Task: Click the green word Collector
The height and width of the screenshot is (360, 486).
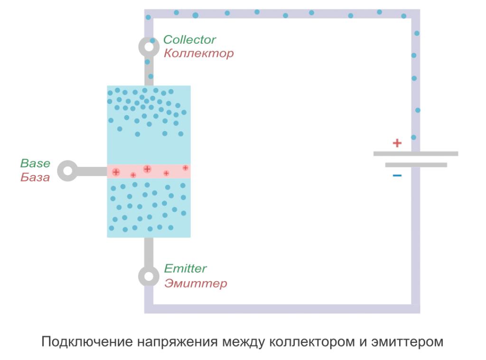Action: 190,40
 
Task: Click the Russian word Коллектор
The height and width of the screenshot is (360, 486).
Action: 198,54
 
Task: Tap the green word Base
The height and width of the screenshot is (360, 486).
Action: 35,164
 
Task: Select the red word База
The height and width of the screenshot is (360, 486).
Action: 35,178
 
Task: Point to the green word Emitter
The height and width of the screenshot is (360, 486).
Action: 186,268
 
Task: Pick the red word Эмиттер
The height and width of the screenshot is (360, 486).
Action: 196,284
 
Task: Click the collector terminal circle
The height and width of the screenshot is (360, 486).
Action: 149,46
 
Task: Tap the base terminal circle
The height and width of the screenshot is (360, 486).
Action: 68,171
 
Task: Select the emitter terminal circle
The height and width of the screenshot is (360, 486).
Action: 149,276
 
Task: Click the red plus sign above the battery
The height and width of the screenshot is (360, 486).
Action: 397,143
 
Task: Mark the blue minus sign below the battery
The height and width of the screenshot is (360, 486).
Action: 397,176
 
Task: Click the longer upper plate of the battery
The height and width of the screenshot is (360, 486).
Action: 416,154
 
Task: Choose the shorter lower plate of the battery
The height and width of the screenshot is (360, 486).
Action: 416,165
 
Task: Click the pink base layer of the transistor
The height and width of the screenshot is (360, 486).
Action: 149,171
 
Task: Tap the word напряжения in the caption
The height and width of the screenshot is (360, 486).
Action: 178,342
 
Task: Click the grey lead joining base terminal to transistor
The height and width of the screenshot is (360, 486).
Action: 92,171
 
